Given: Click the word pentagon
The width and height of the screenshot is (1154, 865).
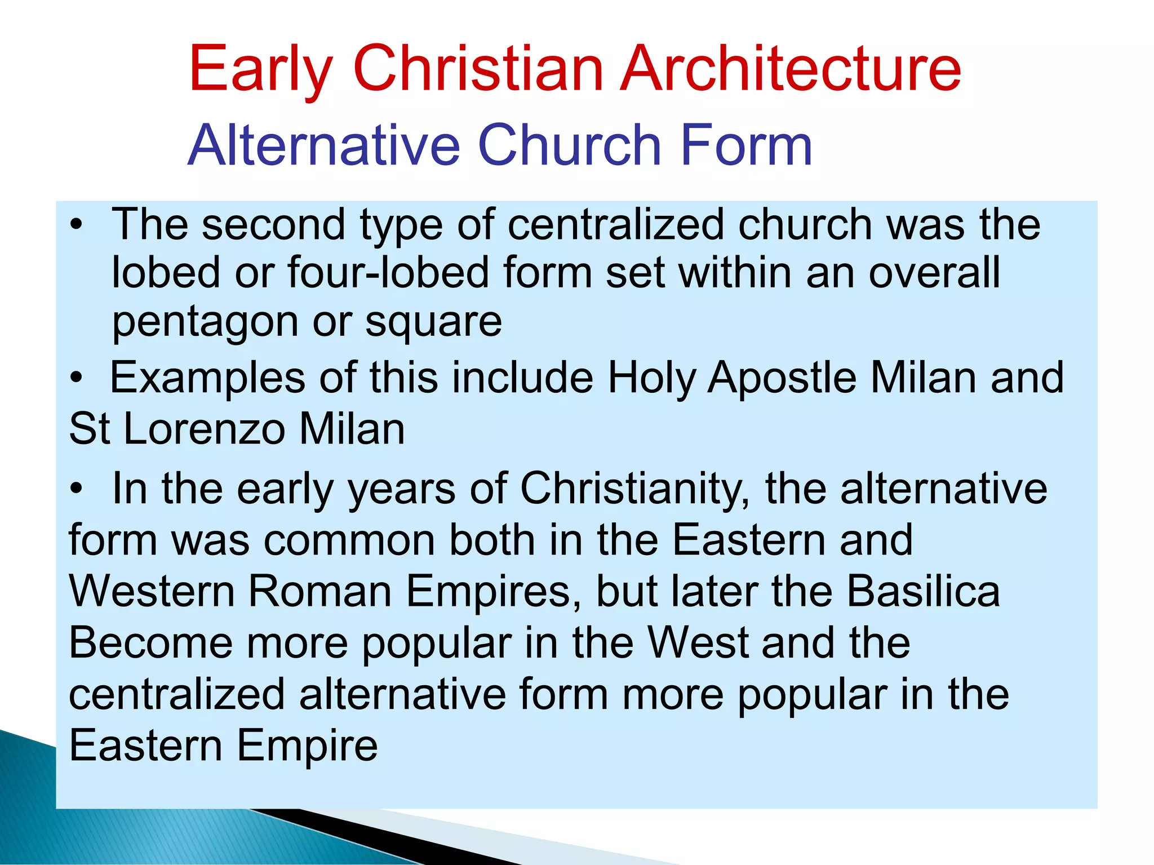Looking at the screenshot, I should tap(205, 323).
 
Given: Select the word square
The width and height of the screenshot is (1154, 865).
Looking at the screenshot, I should tap(433, 323).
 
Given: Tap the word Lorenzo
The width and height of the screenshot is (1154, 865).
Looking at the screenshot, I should tap(204, 429).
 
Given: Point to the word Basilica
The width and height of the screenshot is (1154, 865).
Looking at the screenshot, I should tap(924, 592).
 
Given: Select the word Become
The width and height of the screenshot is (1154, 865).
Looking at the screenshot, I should tap(150, 643).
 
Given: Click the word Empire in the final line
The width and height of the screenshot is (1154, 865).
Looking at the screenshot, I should tap(307, 746).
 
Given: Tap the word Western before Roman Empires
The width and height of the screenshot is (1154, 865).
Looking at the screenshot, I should tap(152, 592).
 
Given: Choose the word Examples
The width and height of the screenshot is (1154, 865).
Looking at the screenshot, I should tap(207, 378).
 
